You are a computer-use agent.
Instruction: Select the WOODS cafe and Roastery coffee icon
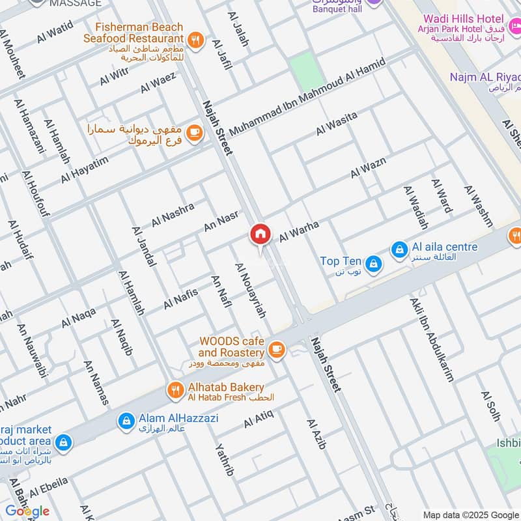point(277,349)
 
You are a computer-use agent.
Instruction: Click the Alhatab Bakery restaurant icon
point(175,390)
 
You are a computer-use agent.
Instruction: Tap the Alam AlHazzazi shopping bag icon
point(126,421)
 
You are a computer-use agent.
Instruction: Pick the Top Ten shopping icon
point(373,262)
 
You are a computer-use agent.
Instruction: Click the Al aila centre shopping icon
point(399,249)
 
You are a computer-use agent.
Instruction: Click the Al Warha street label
point(299,232)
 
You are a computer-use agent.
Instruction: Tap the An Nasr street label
point(221,221)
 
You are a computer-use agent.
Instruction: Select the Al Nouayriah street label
point(251,290)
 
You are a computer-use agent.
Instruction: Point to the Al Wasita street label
point(337,124)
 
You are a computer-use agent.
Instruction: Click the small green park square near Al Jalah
point(307,72)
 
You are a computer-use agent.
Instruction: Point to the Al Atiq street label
point(259,419)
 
